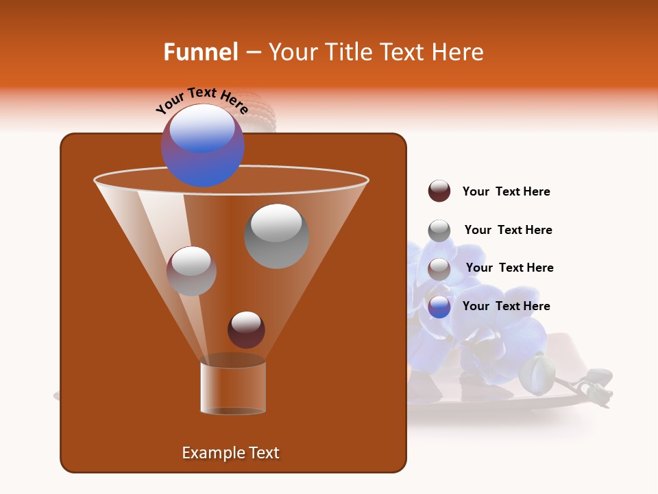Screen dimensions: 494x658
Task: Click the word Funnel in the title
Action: click(x=200, y=52)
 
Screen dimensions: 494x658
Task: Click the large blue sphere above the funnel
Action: click(x=202, y=145)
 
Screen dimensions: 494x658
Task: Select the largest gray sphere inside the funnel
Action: click(x=276, y=235)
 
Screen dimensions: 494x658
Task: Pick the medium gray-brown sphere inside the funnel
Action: click(x=191, y=271)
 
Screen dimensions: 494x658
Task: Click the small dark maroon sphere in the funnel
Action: click(x=246, y=329)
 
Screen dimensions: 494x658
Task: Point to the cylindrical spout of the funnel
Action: click(x=233, y=388)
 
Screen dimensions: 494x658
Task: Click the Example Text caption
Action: click(x=230, y=453)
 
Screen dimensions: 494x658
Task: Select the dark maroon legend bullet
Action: click(x=439, y=191)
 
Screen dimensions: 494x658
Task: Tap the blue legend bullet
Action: click(x=439, y=307)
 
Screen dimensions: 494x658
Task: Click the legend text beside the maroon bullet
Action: click(x=506, y=192)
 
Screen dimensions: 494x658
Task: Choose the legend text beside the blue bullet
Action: click(x=506, y=306)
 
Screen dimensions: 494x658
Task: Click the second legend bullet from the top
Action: click(x=439, y=231)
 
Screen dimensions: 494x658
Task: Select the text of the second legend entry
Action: click(x=508, y=231)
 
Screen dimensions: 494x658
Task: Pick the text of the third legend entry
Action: click(x=509, y=268)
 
